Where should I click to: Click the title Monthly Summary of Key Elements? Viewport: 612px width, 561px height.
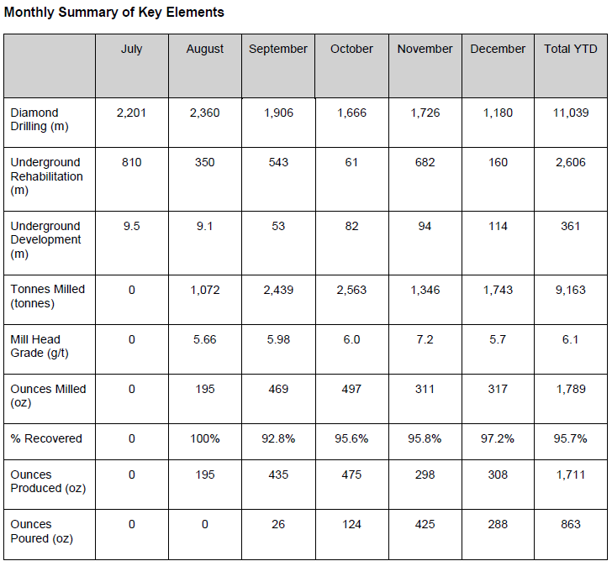click(x=114, y=13)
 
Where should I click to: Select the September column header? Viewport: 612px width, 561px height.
click(x=278, y=50)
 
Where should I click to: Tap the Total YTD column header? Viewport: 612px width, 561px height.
click(x=571, y=50)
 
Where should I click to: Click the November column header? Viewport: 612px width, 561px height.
click(x=425, y=50)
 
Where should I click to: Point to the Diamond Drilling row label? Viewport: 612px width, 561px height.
click(x=34, y=119)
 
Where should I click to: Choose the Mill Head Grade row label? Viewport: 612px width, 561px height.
click(x=35, y=346)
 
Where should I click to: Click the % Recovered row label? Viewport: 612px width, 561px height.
click(x=46, y=439)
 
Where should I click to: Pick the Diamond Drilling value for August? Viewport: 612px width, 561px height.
click(x=205, y=113)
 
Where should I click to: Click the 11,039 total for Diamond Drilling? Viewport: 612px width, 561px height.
click(x=571, y=113)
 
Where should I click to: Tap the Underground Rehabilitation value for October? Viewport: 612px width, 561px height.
click(x=351, y=162)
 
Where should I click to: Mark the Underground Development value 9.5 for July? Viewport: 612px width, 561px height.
click(x=132, y=226)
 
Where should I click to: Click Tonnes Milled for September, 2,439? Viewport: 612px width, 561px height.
click(x=278, y=289)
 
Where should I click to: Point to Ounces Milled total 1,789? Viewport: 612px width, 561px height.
click(x=571, y=389)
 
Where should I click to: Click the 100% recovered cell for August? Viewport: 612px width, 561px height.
click(x=205, y=439)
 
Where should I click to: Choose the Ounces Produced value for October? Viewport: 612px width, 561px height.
click(x=351, y=474)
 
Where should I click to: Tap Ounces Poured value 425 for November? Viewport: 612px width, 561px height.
click(x=425, y=524)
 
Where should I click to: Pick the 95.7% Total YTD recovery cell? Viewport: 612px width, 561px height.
click(x=571, y=439)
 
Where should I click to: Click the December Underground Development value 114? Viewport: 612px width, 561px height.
click(x=498, y=226)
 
